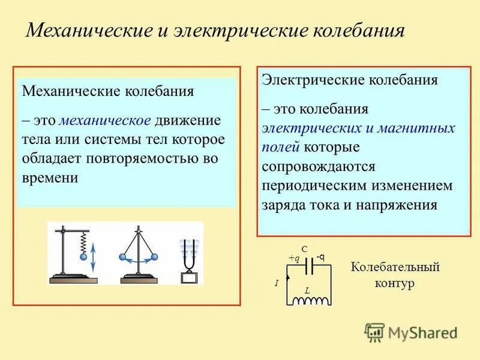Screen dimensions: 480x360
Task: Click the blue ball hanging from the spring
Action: click(83, 256)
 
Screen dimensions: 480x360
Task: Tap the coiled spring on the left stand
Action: click(83, 241)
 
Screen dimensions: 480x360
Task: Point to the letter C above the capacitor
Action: click(304, 248)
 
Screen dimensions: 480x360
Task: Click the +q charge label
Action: click(294, 258)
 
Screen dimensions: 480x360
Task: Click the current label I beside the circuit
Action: click(277, 283)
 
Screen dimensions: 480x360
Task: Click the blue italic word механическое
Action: click(105, 119)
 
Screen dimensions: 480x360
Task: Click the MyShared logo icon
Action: click(374, 332)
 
